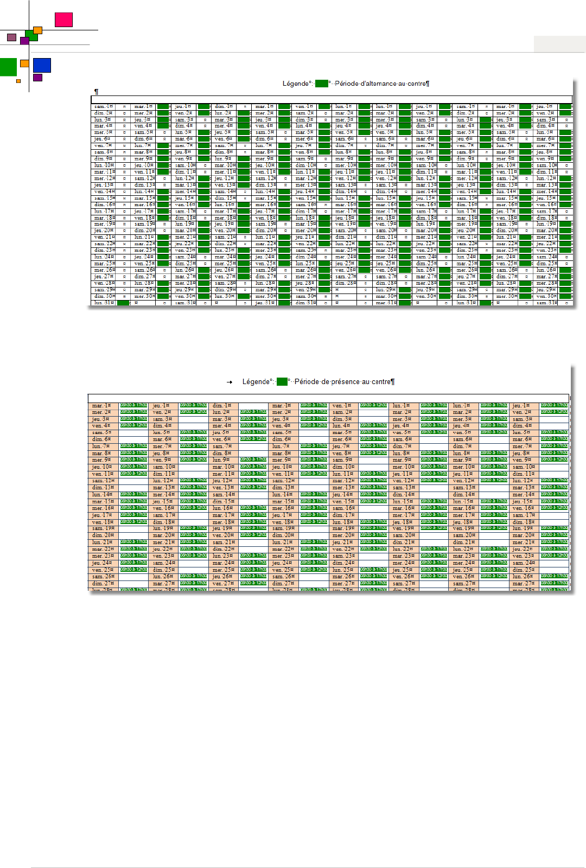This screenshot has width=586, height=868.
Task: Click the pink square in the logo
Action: (63, 20)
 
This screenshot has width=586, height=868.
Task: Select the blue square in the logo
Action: (42, 65)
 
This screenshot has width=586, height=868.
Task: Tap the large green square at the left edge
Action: (8, 67)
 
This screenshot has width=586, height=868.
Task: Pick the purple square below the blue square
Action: (37, 78)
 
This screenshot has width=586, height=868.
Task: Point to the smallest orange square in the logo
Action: (18, 81)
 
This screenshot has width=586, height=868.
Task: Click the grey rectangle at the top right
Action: (559, 44)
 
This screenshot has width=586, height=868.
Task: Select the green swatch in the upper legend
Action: (322, 84)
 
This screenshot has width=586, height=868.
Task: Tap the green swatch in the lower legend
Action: (282, 382)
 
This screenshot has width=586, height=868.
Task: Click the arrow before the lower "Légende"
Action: (230, 382)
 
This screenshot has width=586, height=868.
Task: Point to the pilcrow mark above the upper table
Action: (96, 92)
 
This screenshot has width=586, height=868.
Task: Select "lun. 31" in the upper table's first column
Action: (103, 303)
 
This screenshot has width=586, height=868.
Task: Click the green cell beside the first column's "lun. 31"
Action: (123, 303)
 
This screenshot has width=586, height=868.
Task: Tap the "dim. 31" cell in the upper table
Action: (305, 303)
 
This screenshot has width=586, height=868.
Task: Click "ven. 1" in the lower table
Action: (342, 406)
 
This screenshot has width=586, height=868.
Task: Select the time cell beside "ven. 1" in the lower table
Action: (373, 405)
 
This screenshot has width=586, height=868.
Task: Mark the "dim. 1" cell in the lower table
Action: (222, 406)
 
